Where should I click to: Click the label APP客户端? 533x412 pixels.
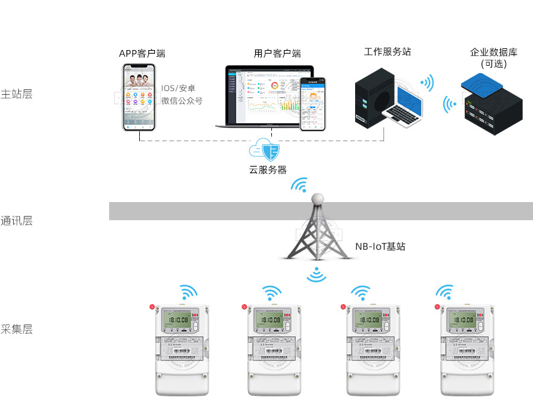(142, 54)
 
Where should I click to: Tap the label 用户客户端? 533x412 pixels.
(277, 54)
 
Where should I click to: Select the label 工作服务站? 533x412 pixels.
(387, 52)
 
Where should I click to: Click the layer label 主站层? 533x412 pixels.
(16, 94)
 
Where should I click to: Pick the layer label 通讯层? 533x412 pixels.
(16, 221)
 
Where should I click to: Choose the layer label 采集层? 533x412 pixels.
(16, 329)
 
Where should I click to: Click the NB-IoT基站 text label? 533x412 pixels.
(380, 246)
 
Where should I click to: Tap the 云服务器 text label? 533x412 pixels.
(268, 170)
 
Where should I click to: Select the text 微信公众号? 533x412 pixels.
(181, 101)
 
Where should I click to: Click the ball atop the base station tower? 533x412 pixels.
(317, 199)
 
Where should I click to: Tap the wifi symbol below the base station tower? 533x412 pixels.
(316, 275)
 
